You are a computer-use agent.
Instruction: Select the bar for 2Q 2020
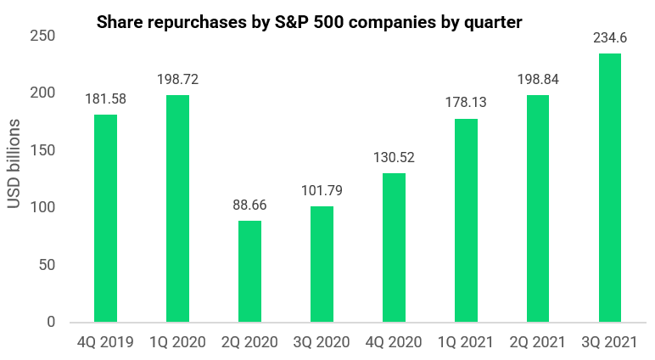(x=249, y=271)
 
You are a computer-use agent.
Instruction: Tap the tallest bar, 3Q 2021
(x=609, y=188)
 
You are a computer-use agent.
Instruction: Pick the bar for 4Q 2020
(x=393, y=247)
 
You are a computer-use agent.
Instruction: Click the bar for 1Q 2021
(x=465, y=220)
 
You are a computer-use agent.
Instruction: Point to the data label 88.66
(x=249, y=205)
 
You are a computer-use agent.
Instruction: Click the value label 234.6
(x=609, y=37)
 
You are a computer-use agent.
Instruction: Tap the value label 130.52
(x=393, y=157)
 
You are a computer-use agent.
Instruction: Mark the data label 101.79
(x=322, y=190)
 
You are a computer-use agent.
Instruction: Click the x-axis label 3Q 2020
(x=322, y=343)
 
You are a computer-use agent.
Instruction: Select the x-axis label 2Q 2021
(x=537, y=343)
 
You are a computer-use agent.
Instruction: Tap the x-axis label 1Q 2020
(x=177, y=343)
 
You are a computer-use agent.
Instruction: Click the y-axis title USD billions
(x=14, y=178)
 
